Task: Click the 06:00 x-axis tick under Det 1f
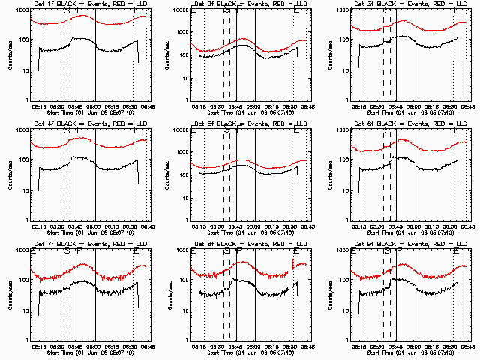coord(95,106)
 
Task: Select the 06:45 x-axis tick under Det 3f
coord(466,106)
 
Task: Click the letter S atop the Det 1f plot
coord(67,12)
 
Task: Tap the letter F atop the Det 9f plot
coord(398,252)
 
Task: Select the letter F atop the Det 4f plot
coord(77,132)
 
